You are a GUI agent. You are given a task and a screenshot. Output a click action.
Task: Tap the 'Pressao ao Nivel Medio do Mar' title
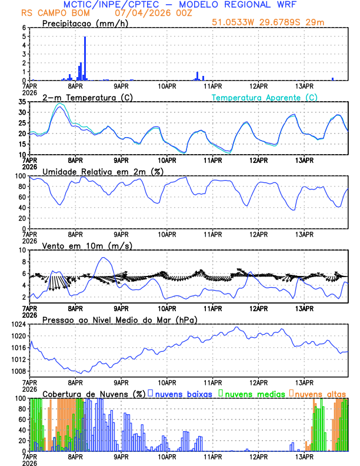119,319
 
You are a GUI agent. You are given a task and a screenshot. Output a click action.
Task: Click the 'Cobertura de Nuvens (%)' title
94,393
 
